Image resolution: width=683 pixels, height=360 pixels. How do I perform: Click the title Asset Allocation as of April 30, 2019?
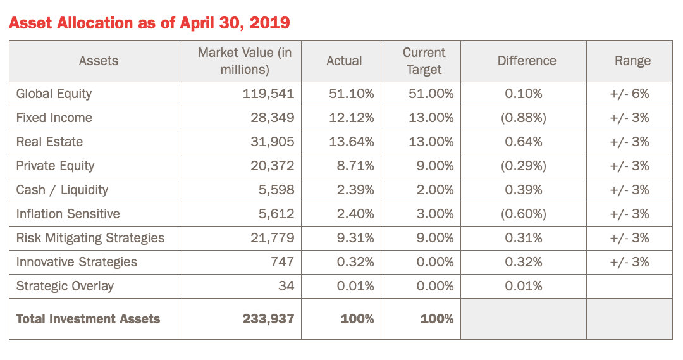[x=149, y=23]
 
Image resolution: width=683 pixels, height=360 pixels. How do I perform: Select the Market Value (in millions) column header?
[x=245, y=61]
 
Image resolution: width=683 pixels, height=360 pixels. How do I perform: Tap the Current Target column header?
[x=424, y=61]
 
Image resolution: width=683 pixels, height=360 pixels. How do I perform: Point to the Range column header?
[x=632, y=61]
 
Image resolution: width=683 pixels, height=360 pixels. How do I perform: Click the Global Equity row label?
[x=54, y=94]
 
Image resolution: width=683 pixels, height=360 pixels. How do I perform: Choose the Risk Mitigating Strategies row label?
[x=90, y=238]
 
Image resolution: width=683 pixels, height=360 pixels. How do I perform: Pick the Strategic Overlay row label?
[x=65, y=286]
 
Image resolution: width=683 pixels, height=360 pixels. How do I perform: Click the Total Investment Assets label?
[x=88, y=319]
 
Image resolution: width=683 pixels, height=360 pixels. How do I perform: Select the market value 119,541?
[x=268, y=94]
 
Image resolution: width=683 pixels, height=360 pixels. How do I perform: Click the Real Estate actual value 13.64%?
[x=351, y=142]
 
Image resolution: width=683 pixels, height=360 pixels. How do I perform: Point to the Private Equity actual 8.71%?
[x=355, y=166]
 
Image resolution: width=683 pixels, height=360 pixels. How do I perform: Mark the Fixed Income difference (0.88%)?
[x=523, y=118]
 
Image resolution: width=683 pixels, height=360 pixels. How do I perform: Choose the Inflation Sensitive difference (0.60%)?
[x=523, y=214]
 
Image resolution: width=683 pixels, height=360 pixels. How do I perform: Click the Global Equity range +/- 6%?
[x=629, y=94]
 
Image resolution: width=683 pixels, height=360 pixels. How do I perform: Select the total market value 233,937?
[x=268, y=319]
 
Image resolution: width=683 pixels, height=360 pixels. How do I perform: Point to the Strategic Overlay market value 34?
[x=286, y=286]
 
